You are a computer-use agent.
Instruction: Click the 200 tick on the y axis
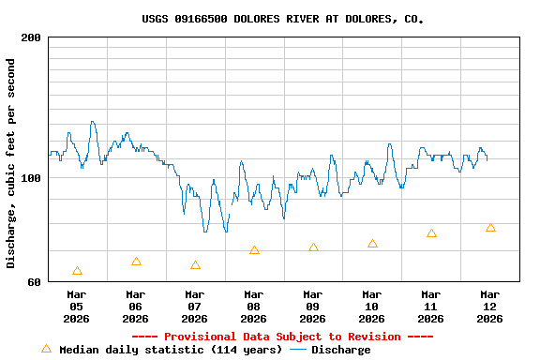pos(31,37)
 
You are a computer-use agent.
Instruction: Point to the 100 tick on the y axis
pos(31,178)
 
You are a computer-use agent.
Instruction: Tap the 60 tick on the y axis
pos(34,281)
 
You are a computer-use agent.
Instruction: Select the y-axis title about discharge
pos(11,163)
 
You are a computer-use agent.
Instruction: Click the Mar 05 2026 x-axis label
pos(76,306)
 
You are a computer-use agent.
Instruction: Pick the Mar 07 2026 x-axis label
pos(194,306)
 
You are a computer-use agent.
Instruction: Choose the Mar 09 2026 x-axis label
pos(312,306)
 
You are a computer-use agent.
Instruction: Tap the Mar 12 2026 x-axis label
pos(489,306)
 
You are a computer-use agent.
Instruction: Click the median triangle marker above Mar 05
pos(77,271)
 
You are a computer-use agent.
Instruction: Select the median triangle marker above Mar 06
pos(136,262)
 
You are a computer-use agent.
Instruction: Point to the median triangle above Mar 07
pos(195,265)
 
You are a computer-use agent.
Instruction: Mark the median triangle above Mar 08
pos(254,250)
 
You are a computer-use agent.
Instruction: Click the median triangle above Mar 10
pos(372,244)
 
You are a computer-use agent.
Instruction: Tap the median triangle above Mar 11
pos(431,233)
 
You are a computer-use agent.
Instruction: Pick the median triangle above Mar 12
pos(490,228)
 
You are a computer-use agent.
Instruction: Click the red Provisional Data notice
pos(282,337)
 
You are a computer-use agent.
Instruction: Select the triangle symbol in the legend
pos(46,349)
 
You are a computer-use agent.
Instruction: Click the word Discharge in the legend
pos(340,350)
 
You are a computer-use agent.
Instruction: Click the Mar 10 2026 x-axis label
pos(371,306)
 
